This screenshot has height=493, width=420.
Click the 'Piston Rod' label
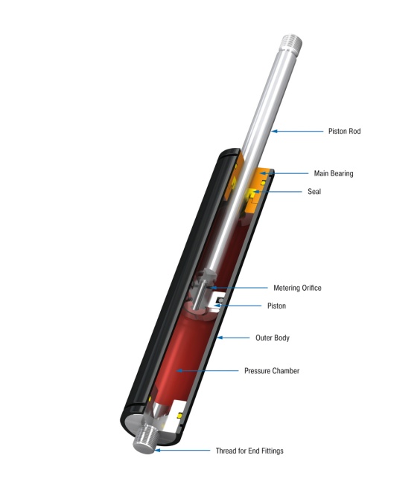coord(345,132)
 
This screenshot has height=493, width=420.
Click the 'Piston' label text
coord(276,306)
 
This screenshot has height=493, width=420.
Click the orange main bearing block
coord(262,178)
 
